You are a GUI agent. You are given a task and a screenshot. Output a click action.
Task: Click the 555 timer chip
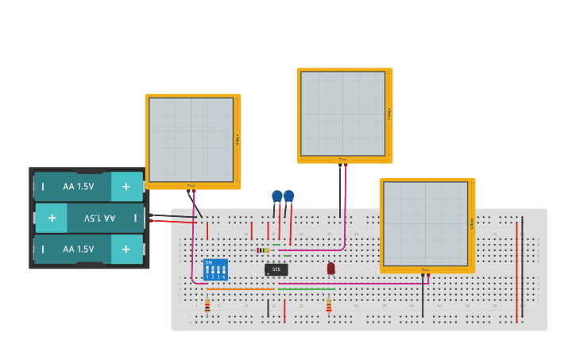(276, 269)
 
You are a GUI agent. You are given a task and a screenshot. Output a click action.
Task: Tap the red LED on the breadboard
(331, 269)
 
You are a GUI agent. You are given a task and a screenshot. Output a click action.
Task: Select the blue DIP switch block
(215, 269)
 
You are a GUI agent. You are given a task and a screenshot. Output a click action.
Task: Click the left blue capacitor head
(276, 195)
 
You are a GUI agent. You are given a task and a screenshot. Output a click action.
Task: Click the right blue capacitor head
(288, 195)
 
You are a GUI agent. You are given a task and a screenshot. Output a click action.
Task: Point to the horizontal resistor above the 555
(264, 250)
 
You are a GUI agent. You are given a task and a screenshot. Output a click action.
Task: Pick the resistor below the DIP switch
(207, 305)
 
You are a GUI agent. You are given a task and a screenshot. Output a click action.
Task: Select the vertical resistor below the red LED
(329, 305)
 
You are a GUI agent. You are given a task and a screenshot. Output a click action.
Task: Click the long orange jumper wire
(238, 289)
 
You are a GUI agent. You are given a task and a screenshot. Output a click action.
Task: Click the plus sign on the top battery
(126, 187)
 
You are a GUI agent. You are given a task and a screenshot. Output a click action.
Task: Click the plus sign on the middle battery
(52, 218)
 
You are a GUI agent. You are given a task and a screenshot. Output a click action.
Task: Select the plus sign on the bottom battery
(126, 249)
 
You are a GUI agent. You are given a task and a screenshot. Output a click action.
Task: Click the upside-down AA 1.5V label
(100, 218)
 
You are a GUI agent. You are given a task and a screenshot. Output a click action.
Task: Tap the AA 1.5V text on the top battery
(78, 187)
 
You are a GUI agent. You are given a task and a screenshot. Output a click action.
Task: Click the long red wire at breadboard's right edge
(516, 270)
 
